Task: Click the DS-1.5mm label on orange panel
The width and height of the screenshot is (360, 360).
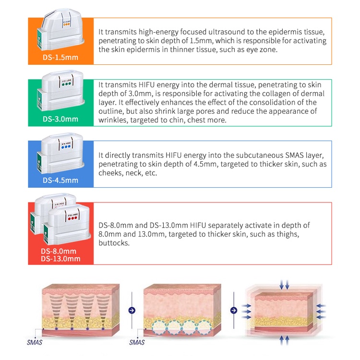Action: click(x=60, y=58)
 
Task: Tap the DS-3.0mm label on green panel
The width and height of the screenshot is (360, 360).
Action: click(x=60, y=119)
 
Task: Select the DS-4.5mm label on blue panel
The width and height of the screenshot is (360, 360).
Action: click(x=60, y=180)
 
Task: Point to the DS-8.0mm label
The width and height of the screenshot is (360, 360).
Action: click(x=59, y=251)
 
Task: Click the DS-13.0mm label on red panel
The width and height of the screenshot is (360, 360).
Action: click(x=60, y=259)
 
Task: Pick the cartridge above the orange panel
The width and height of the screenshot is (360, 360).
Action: click(x=60, y=29)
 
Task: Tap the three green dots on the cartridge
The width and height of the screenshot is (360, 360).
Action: click(x=66, y=84)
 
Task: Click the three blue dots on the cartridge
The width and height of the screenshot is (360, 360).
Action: click(x=66, y=146)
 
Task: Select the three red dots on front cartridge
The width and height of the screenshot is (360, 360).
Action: click(x=72, y=218)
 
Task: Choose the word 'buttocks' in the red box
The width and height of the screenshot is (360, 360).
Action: click(x=114, y=243)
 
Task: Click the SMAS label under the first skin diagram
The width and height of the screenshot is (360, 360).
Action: click(x=35, y=342)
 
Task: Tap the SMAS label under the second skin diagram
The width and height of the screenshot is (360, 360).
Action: click(x=137, y=342)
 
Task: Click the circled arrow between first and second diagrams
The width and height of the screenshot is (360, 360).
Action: click(x=132, y=311)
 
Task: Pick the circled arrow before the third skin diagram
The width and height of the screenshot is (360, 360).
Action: click(x=233, y=311)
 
